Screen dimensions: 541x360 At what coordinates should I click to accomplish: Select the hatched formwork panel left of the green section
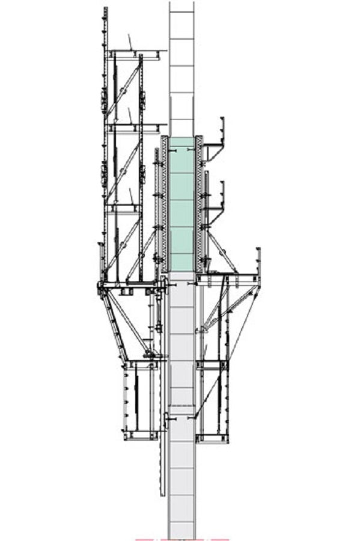164,204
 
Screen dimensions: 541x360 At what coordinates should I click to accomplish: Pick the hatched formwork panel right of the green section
199,204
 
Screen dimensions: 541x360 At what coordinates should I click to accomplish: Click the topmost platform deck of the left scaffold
135,53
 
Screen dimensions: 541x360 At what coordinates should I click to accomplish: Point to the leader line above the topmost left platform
129,42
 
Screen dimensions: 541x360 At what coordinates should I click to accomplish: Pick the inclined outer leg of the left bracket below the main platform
114,325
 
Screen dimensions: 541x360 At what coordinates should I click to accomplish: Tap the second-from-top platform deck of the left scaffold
135,127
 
